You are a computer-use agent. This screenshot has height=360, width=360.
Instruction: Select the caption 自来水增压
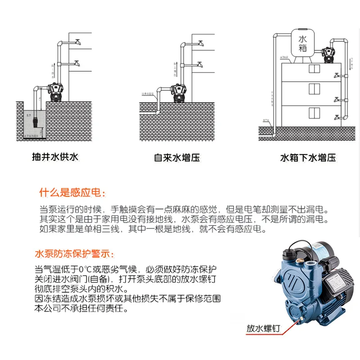pos(176,158)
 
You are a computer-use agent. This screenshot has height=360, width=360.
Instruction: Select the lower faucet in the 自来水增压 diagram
pos(200,66)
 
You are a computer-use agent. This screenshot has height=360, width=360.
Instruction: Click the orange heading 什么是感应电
pos(72,193)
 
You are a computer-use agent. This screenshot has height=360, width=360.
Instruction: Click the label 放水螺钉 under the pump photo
pos(263,328)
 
